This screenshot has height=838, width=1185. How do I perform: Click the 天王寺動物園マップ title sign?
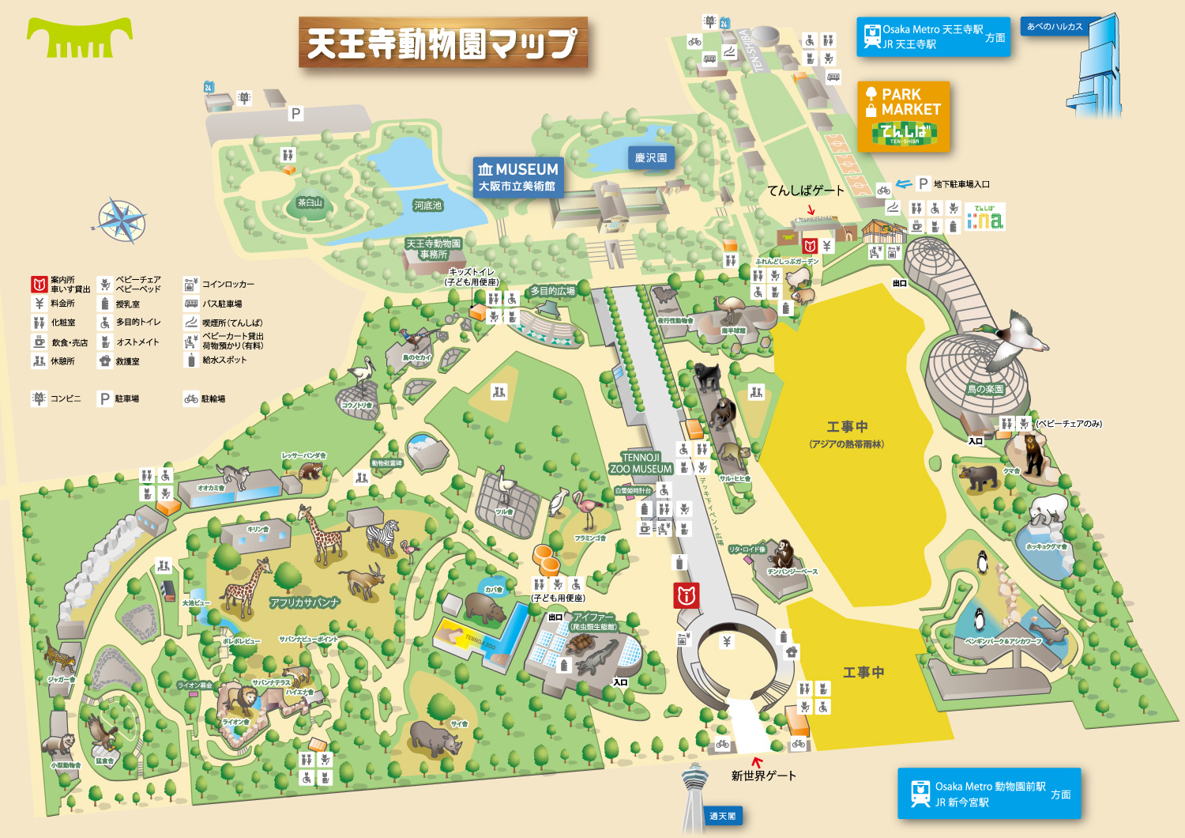[442, 43]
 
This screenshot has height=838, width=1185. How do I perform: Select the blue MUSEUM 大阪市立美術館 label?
[518, 177]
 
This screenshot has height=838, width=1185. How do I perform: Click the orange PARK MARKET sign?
[904, 116]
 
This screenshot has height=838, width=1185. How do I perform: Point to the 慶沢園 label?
[651, 157]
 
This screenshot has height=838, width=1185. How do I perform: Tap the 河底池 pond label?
[428, 206]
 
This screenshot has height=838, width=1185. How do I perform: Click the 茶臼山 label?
[310, 203]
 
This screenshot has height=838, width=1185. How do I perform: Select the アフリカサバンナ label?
[305, 602]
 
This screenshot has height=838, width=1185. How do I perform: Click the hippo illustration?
[484, 607]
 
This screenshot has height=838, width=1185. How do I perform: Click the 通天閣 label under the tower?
[722, 816]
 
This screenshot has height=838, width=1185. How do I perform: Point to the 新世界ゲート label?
[763, 776]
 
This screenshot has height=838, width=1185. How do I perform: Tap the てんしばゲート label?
[806, 191]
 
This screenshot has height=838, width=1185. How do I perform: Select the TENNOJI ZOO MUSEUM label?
[641, 463]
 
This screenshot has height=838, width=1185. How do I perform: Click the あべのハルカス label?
[1055, 27]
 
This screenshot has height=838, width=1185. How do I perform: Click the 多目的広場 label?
[552, 291]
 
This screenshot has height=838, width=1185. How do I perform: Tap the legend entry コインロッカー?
[228, 284]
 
